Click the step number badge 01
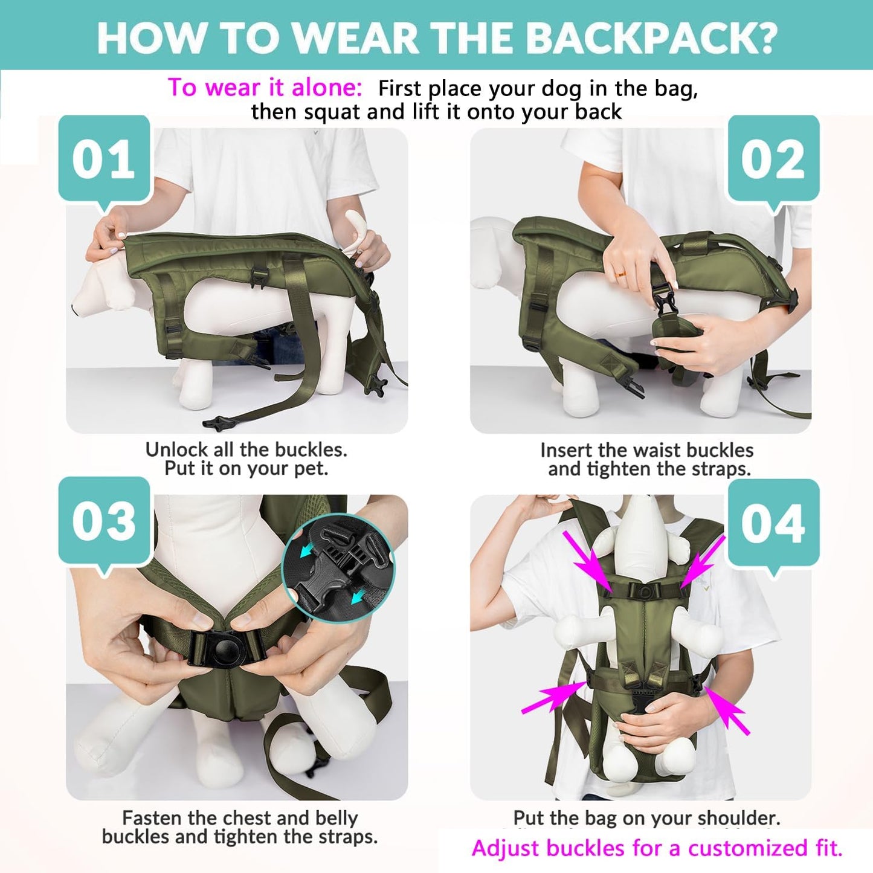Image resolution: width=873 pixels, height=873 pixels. tap(104, 159)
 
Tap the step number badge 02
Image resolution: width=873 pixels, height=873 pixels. tap(773, 159)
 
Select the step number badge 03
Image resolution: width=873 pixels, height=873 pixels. tap(104, 521)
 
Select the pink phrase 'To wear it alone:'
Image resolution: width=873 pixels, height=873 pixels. tap(265, 88)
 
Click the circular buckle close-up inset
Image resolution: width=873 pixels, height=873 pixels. tap(338, 572)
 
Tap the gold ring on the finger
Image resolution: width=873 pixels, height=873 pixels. tap(621, 274)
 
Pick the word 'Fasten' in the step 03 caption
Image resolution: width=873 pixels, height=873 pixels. tap(152, 818)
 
